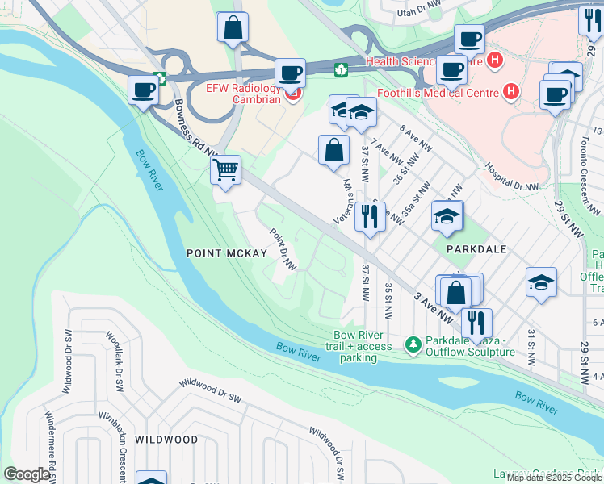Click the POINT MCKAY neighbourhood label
point(226,253)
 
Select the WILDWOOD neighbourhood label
point(166,440)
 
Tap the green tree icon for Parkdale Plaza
point(413,345)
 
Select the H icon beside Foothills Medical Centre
point(510,92)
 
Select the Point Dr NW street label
point(283,249)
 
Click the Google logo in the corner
point(27,474)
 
